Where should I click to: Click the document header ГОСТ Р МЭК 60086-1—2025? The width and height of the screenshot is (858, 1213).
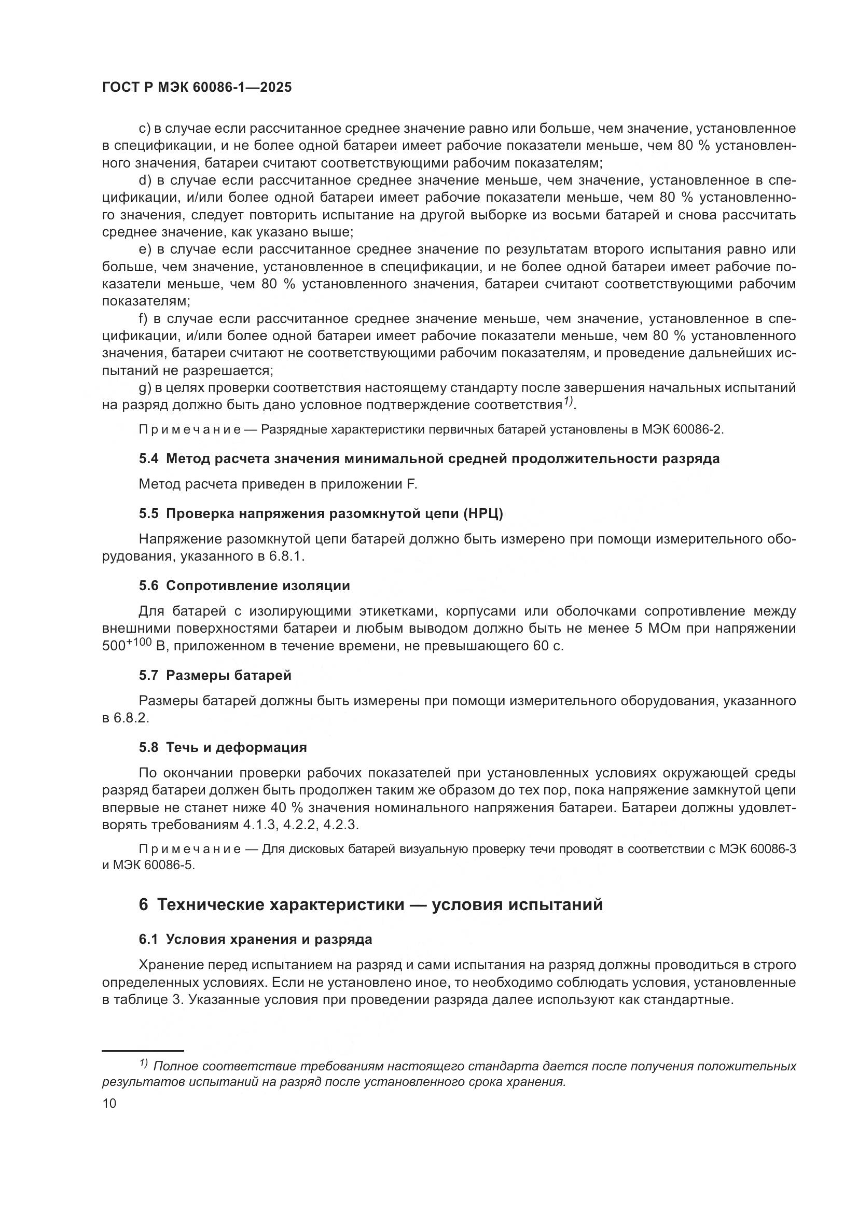tap(197, 88)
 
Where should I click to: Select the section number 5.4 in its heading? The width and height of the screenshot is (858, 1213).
tap(148, 458)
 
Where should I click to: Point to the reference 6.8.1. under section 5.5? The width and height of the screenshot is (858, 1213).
tap(286, 557)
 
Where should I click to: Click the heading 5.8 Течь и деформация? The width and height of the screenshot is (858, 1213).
tap(223, 748)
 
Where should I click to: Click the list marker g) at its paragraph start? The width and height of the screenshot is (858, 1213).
tap(145, 388)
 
